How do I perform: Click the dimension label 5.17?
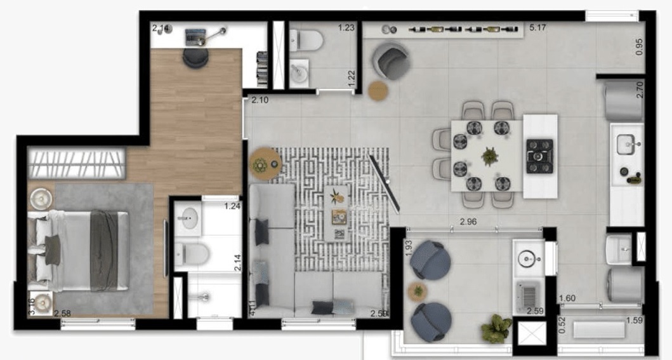click(x=537, y=27)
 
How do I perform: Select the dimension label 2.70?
click(x=640, y=88)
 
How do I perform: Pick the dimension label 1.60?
click(x=567, y=298)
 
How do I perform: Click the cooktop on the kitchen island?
click(x=539, y=156)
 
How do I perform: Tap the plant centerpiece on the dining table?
click(x=489, y=156)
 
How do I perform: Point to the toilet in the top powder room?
click(x=307, y=41)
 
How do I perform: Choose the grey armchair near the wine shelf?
click(x=392, y=61)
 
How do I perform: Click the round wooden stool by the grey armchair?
click(x=378, y=90)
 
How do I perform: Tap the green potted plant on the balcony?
click(x=496, y=328)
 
